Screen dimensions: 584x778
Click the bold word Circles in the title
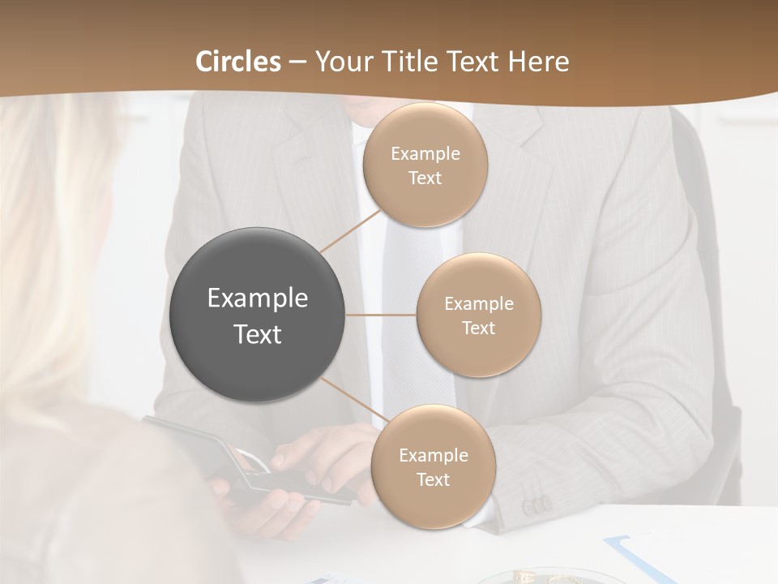[237, 62]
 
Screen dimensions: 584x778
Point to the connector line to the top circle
[350, 230]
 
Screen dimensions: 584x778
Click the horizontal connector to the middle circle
[381, 315]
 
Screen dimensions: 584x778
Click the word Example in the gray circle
[258, 298]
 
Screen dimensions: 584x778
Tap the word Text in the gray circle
[258, 334]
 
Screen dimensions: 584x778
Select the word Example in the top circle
[425, 154]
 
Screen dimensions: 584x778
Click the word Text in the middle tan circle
[478, 328]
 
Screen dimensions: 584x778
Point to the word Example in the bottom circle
[433, 456]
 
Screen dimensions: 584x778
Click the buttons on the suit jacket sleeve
[537, 507]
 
